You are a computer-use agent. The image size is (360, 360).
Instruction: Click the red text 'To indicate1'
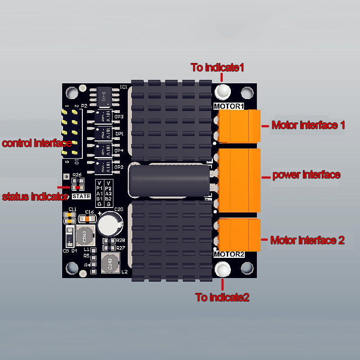[x=217, y=67]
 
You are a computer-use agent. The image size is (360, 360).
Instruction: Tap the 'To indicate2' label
[x=222, y=297]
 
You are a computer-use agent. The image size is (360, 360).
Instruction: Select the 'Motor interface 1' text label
[x=308, y=125]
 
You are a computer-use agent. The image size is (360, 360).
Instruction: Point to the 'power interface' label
[x=306, y=175]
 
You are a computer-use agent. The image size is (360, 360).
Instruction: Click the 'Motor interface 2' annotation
[x=307, y=240]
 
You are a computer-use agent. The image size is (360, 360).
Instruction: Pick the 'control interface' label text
[x=36, y=144]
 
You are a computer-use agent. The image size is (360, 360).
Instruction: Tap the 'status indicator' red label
[x=34, y=197]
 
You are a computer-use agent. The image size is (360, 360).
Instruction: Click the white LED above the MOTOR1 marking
[x=222, y=91]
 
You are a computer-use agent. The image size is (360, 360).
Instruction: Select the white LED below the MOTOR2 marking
[x=222, y=270]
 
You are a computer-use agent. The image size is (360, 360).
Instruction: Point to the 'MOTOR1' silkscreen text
[x=229, y=106]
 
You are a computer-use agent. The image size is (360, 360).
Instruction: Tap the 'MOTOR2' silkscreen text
[x=229, y=254]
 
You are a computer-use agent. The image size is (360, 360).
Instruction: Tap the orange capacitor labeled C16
[x=88, y=219]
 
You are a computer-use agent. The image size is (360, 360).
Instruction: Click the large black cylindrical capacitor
[x=169, y=180]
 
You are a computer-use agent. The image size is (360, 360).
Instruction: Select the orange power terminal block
[x=238, y=180]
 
